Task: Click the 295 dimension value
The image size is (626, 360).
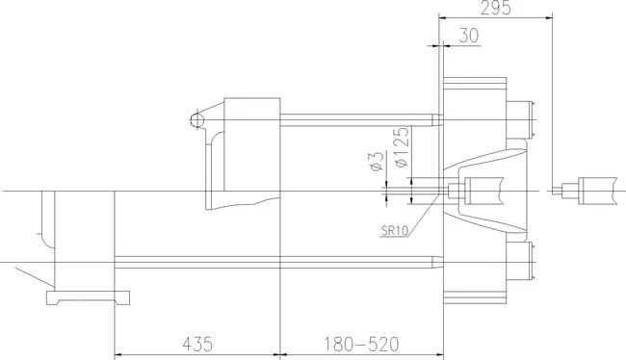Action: point(495,8)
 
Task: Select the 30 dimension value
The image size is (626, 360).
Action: point(469,36)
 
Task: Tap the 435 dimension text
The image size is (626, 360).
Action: point(197,344)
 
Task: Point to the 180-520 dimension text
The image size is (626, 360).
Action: point(361,344)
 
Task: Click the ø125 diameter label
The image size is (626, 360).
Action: point(402,146)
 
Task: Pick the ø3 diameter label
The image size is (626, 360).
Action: point(378,162)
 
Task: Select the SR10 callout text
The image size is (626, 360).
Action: point(395,230)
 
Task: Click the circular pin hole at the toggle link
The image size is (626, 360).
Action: point(196,119)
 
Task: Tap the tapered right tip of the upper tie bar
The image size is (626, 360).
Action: point(437,120)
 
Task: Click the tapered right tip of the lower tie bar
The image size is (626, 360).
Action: point(437,262)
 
